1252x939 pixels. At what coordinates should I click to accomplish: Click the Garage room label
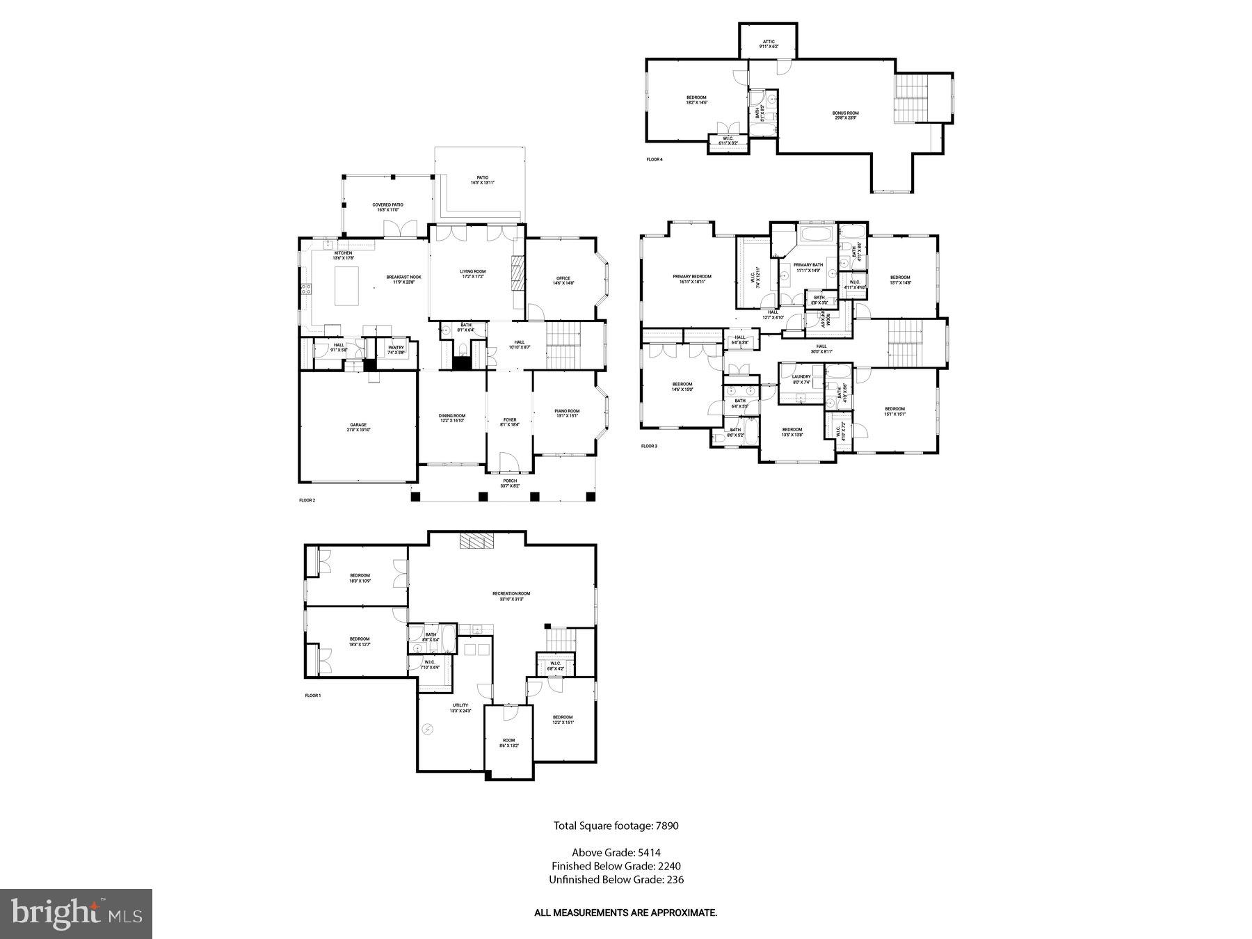(358, 427)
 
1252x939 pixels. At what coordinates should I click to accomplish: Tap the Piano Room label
(567, 413)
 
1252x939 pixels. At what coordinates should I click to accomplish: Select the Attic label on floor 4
(768, 44)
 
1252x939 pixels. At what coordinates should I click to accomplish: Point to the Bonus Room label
(845, 115)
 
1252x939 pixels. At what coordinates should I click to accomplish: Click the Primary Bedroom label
(691, 279)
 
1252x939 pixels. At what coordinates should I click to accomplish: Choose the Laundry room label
(801, 379)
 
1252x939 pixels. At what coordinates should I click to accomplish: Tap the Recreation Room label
(511, 596)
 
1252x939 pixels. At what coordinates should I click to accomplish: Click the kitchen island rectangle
(346, 286)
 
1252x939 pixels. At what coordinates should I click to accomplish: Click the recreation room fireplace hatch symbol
(476, 541)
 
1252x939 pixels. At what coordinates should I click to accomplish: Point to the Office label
(563, 280)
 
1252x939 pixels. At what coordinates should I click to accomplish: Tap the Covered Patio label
(387, 207)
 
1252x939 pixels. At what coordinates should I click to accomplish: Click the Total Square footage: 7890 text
(616, 826)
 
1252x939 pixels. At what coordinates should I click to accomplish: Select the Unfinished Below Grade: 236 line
(616, 879)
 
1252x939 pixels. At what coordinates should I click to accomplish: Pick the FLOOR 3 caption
(649, 446)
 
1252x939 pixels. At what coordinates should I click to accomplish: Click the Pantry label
(396, 350)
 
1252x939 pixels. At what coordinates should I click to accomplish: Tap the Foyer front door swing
(508, 462)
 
